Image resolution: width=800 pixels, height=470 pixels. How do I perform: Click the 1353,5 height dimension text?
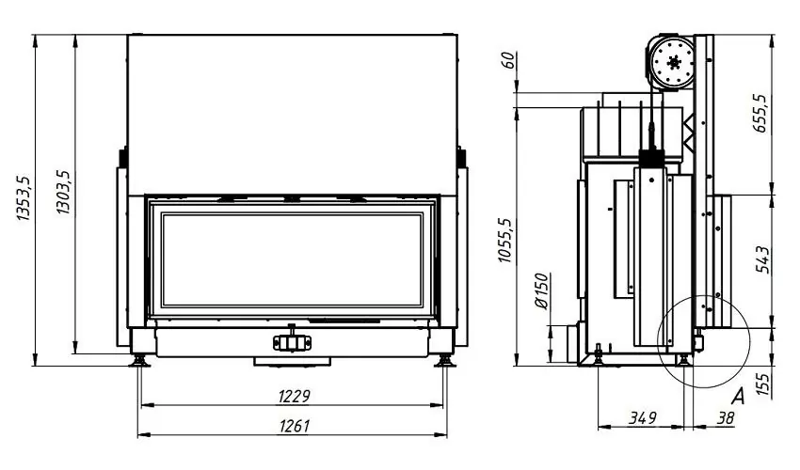(x=24, y=198)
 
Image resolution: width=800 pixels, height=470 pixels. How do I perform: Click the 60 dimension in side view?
(x=508, y=63)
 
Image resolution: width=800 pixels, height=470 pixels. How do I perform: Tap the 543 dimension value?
(x=761, y=259)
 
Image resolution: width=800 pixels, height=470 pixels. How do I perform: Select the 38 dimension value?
(x=724, y=416)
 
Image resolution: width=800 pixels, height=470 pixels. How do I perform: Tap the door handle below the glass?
(x=292, y=341)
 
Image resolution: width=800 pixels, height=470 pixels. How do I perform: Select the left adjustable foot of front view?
(x=140, y=358)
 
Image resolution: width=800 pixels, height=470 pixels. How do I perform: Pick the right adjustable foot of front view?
(x=443, y=358)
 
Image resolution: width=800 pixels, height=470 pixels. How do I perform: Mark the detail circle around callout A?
(x=702, y=340)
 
